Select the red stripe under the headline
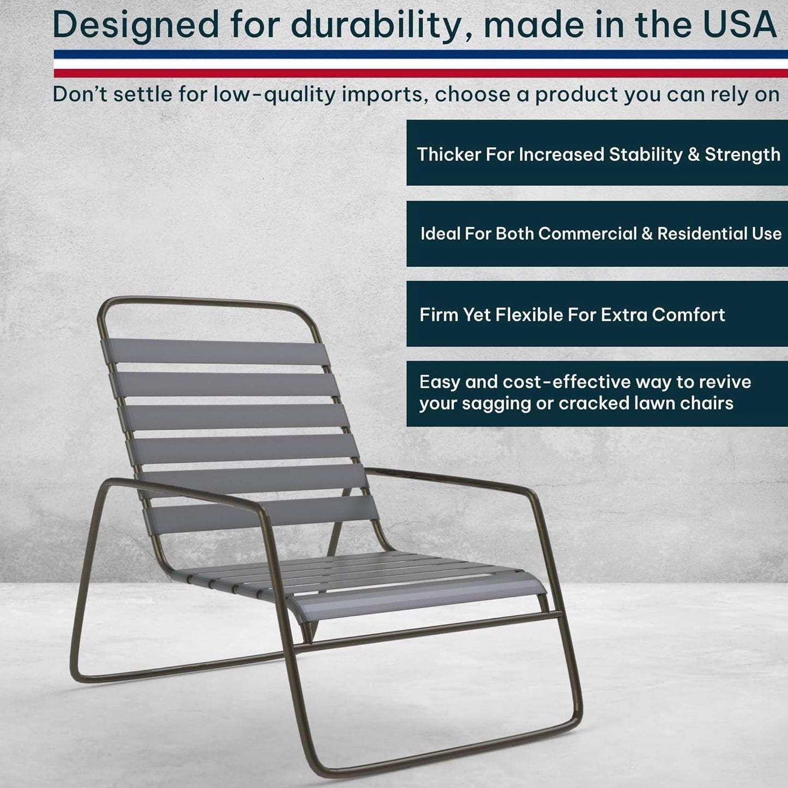click(420, 73)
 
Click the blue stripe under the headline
click(420, 55)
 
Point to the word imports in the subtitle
click(382, 94)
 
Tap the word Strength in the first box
click(742, 155)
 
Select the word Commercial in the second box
click(587, 233)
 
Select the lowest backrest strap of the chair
click(262, 513)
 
